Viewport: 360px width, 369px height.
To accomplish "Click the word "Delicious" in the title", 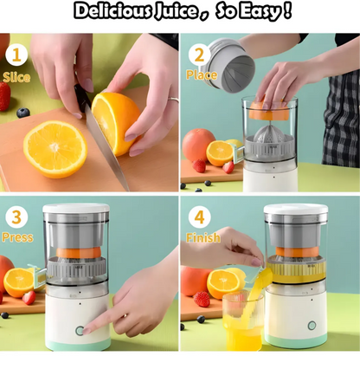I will coord(109,11).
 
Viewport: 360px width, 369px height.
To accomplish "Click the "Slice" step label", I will coord(16,76).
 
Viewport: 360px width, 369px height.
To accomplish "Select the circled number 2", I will coord(200,55).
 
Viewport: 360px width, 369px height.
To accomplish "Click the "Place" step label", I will coord(201,75).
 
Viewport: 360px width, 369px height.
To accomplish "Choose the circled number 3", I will coord(16,217).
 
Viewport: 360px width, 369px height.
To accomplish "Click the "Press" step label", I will coord(17,236).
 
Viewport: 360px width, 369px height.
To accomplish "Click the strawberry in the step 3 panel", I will coord(29,297).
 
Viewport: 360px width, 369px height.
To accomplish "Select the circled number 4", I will coord(200,217).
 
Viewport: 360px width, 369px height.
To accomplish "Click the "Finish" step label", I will coord(202,236).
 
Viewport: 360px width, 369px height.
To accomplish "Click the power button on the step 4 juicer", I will coord(312,326).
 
